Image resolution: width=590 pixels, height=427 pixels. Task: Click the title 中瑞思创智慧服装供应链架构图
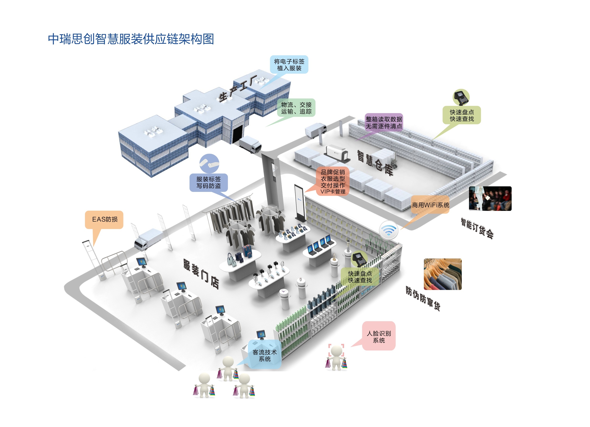[131, 39]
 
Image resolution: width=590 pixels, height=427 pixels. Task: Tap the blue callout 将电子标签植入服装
[289, 65]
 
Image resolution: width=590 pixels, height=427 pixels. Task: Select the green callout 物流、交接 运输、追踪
[296, 108]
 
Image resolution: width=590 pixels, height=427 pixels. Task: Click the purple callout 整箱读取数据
[384, 122]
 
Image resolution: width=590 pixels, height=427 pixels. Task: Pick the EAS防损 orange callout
[104, 219]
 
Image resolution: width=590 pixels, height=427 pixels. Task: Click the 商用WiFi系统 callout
[430, 205]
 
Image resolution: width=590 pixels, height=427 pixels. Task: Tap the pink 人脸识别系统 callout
[379, 336]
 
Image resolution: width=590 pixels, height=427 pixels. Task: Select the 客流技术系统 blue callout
[265, 355]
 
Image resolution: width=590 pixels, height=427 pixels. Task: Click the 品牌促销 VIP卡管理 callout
[333, 181]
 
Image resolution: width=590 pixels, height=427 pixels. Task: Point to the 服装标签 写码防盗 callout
[208, 183]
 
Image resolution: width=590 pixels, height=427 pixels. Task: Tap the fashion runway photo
[490, 199]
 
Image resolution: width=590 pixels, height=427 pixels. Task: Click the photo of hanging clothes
[443, 274]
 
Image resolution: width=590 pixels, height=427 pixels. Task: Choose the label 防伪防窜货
[423, 298]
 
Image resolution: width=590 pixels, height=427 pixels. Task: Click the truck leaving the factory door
[250, 145]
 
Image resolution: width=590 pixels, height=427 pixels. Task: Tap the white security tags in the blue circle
[209, 163]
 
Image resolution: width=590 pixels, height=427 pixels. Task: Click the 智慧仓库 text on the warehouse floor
[375, 163]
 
